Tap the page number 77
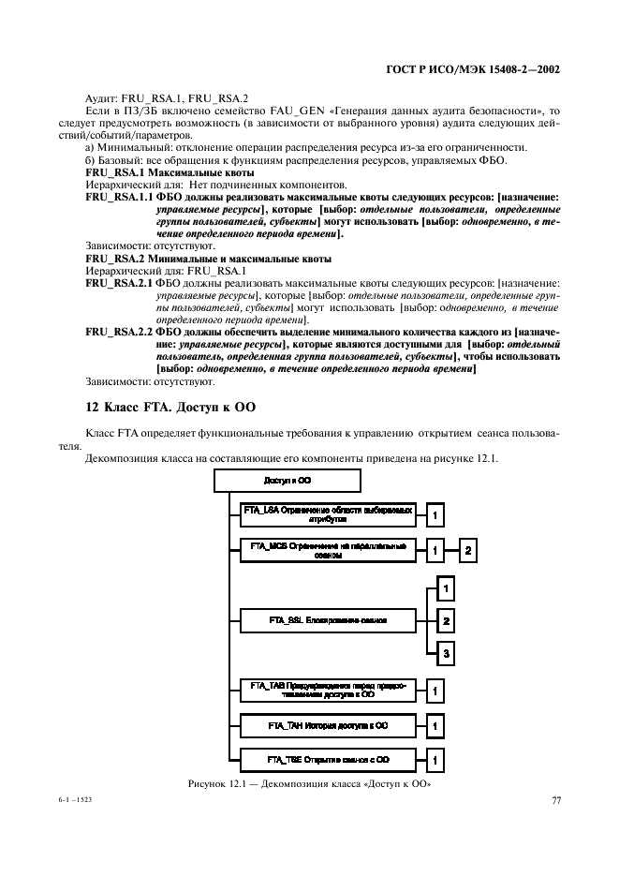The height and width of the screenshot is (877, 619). click(x=555, y=799)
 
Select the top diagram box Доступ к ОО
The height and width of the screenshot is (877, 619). click(x=287, y=480)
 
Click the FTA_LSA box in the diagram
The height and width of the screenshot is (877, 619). click(x=327, y=513)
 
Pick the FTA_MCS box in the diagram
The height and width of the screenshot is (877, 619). click(x=327, y=550)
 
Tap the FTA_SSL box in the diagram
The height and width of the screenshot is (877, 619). click(x=327, y=620)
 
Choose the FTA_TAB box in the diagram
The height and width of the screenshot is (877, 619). click(x=327, y=691)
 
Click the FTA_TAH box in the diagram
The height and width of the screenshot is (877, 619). click(x=327, y=725)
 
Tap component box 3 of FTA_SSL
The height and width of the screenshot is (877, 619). click(x=447, y=651)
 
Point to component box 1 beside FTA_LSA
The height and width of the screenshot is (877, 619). click(x=435, y=513)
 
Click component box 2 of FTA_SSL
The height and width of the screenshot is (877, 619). click(x=447, y=620)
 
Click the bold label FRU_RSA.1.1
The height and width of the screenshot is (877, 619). click(x=120, y=198)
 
